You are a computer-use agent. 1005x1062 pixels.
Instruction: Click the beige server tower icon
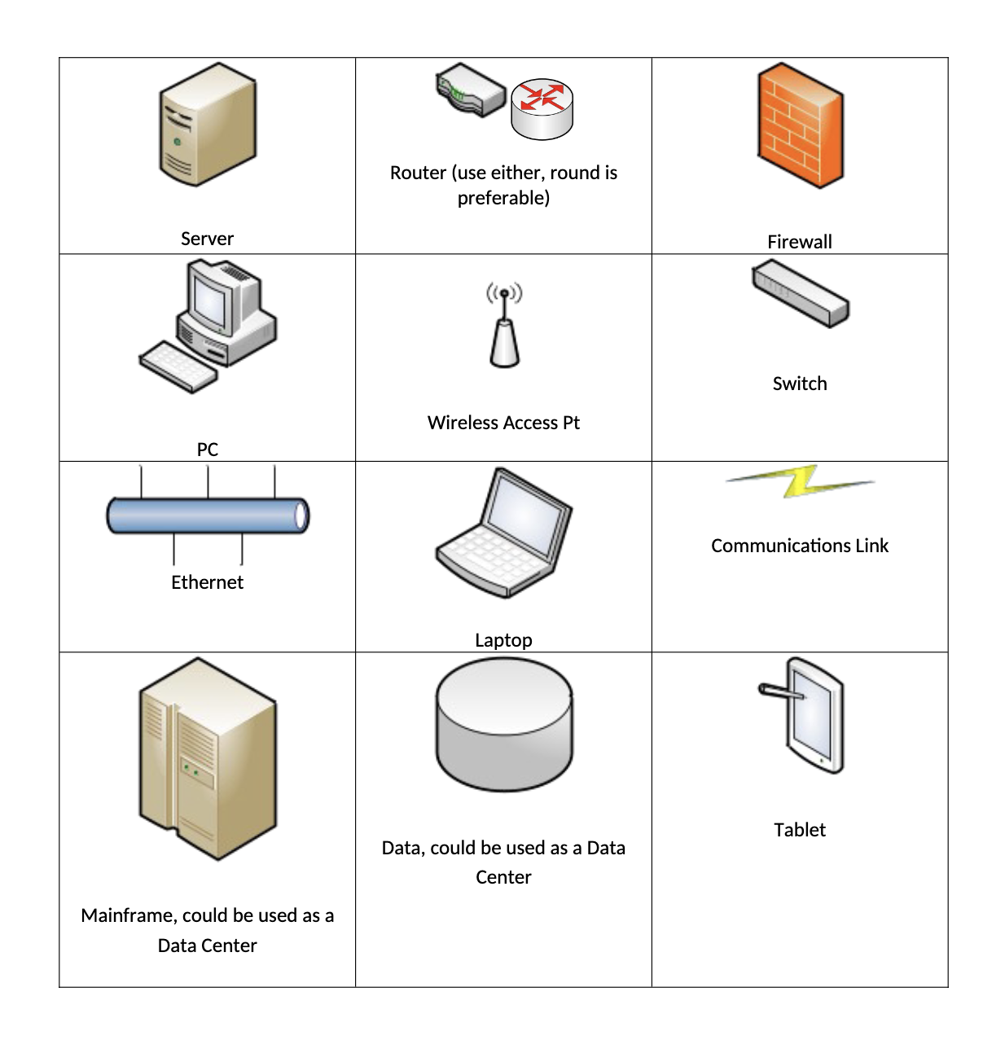click(207, 124)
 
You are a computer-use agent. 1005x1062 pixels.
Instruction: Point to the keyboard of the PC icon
click(178, 366)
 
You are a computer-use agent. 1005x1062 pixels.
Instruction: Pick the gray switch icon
click(800, 293)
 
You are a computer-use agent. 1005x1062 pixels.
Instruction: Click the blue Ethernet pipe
click(207, 516)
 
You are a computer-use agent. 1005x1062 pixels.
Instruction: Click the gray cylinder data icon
click(503, 725)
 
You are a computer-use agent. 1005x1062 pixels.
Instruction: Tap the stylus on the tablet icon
click(781, 692)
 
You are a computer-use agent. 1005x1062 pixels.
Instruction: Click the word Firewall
click(800, 242)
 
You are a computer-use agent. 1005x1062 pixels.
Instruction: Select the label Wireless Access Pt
click(503, 423)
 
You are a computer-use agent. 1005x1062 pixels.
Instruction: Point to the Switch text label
click(800, 384)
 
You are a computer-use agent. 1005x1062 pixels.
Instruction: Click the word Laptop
click(503, 640)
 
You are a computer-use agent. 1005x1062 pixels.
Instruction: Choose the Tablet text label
click(800, 830)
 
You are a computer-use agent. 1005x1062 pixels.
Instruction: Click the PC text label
click(208, 450)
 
